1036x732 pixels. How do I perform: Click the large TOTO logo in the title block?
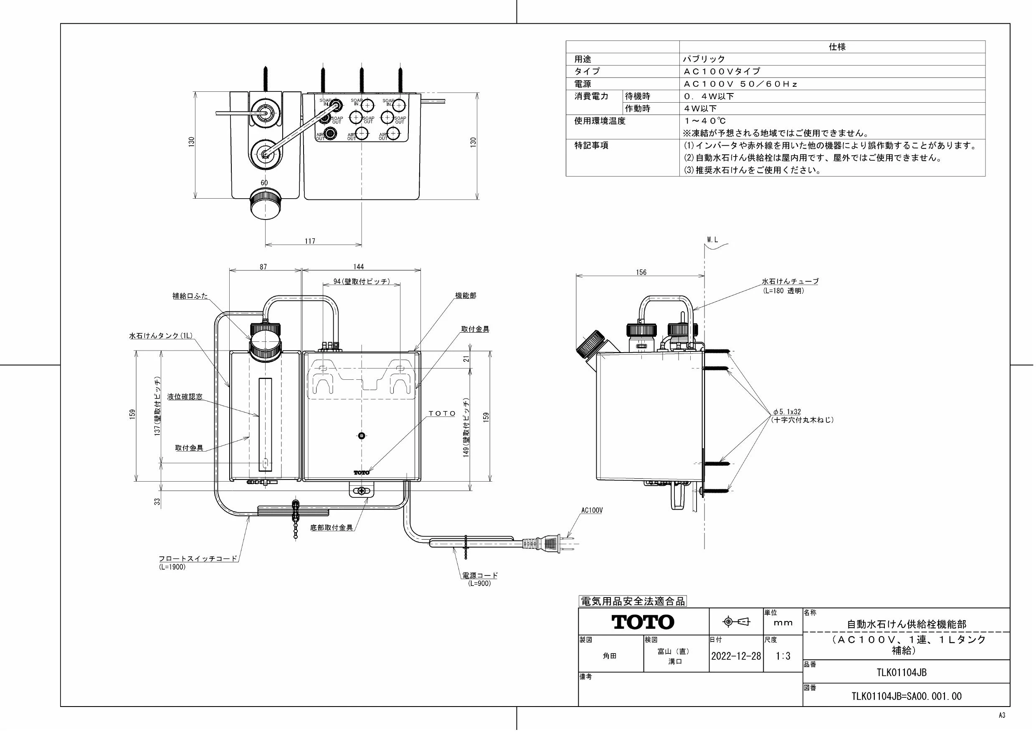click(643, 622)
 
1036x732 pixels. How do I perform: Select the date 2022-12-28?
click(736, 656)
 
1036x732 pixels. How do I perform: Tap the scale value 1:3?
click(783, 656)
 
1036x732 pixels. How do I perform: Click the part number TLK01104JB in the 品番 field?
click(906, 672)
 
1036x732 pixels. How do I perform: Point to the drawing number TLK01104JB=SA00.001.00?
click(906, 697)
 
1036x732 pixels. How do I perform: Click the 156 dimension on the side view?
click(641, 273)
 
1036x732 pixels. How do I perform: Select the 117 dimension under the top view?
click(309, 241)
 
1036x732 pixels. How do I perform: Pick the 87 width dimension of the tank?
click(263, 267)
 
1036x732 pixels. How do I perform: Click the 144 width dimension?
click(359, 267)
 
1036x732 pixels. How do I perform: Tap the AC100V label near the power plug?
click(592, 510)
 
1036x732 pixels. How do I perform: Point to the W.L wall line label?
click(712, 240)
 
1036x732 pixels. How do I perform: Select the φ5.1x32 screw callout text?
click(786, 411)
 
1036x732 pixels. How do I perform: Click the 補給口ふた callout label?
click(190, 296)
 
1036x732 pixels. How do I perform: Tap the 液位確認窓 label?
click(185, 397)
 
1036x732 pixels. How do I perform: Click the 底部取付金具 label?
click(332, 527)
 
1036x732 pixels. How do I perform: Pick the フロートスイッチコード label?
click(198, 558)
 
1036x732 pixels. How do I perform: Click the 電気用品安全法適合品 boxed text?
click(632, 601)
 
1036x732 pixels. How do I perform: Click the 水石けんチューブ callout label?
click(790, 281)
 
